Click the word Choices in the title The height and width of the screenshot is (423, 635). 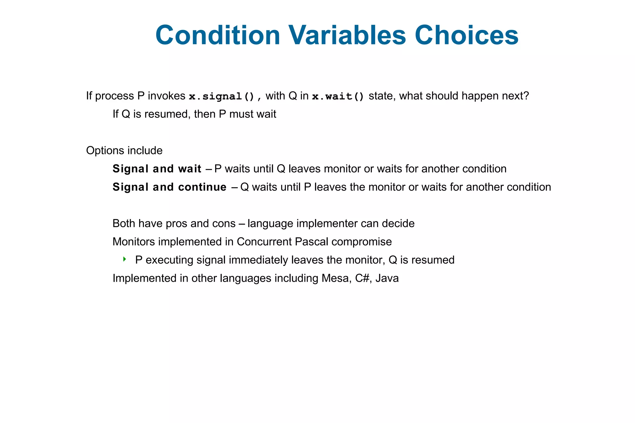[466, 35]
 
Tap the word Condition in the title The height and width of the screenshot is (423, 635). [218, 35]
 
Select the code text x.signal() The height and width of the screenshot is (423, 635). [222, 96]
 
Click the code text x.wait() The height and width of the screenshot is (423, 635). [338, 96]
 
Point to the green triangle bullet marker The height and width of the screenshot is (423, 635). [124, 259]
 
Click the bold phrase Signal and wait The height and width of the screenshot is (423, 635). [157, 169]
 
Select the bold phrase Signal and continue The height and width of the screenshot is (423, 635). [169, 187]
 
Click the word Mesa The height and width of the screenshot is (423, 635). [336, 278]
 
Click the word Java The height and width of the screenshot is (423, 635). [387, 278]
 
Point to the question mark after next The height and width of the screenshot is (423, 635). [526, 96]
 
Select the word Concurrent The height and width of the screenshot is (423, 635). [264, 242]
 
